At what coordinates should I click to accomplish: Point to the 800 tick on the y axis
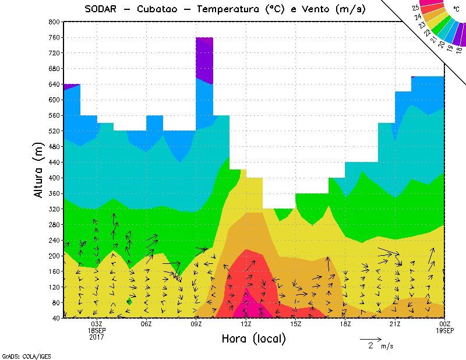point(54,22)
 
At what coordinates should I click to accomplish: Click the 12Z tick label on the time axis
point(246,324)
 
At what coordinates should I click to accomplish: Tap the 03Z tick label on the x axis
point(97,324)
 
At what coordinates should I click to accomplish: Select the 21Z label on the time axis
point(395,324)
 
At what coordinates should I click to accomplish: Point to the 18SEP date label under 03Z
point(97,330)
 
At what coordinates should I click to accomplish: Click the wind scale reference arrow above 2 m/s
point(370,338)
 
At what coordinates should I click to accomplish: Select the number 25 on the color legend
point(415,8)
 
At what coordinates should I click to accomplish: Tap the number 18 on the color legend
point(459,50)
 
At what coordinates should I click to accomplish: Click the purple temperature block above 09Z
point(204,58)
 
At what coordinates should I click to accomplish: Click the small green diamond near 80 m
point(129,301)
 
